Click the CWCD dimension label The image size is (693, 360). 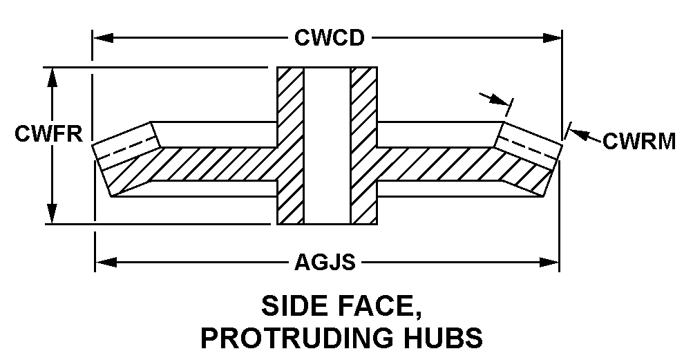tap(330, 37)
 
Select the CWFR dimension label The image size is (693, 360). tap(48, 133)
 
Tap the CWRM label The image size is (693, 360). tap(639, 141)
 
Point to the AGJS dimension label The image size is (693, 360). tap(325, 263)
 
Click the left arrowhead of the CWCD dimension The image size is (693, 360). tap(104, 37)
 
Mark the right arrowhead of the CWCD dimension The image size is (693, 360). tap(551, 37)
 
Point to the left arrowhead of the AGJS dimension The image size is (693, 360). tap(106, 263)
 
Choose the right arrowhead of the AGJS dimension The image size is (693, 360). tap(549, 263)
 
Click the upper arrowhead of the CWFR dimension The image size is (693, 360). tap(52, 78)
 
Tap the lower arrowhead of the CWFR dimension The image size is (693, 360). tap(52, 214)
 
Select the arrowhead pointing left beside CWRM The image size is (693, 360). tap(578, 133)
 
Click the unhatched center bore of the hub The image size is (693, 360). tap(327, 146)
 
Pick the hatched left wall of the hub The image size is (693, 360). tap(290, 146)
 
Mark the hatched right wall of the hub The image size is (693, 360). tap(363, 146)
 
